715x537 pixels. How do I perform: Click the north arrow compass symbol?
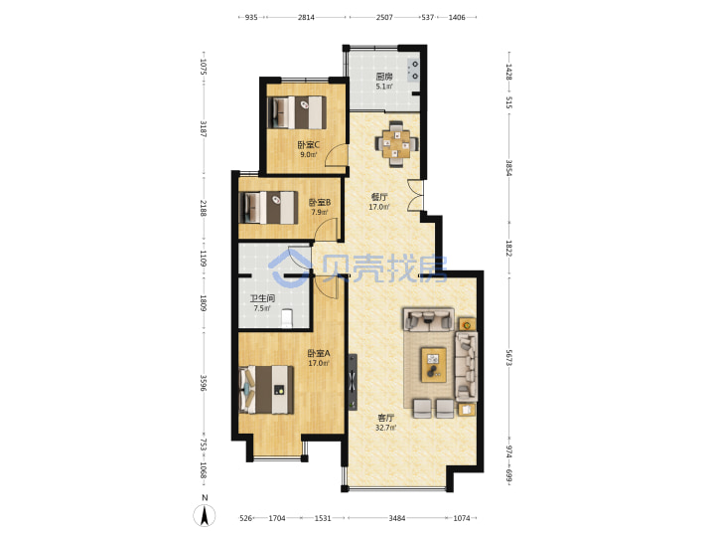click(x=205, y=515)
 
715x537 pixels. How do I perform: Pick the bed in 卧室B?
click(x=269, y=207)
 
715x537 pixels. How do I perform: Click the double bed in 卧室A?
click(x=267, y=390)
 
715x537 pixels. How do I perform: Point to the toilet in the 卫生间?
click(x=286, y=319)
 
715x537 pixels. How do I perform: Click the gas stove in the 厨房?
click(x=414, y=71)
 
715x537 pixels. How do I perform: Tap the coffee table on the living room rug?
click(x=433, y=364)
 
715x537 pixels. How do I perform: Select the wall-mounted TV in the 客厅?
click(x=353, y=382)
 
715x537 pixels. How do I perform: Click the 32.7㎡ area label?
click(x=385, y=428)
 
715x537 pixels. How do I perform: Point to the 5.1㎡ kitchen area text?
click(x=384, y=86)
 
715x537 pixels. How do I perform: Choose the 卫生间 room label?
click(x=262, y=298)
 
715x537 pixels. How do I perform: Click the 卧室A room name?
click(x=319, y=353)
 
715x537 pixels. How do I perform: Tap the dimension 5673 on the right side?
click(x=509, y=358)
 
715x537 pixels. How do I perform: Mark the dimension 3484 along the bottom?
click(x=396, y=518)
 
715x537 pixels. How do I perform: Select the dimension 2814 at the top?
click(x=307, y=17)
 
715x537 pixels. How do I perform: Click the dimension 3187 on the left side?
click(x=204, y=128)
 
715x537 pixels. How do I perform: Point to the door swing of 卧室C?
click(x=336, y=155)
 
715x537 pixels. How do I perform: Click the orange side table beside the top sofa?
click(x=467, y=324)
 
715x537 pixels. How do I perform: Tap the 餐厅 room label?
click(x=379, y=197)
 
